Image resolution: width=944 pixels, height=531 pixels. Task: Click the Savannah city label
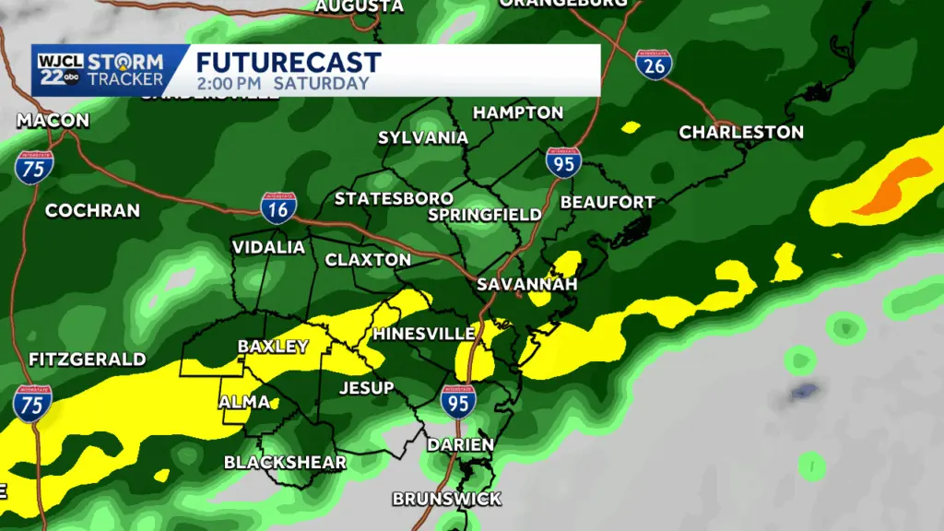[x=526, y=284]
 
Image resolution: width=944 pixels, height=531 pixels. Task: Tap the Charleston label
[x=741, y=132]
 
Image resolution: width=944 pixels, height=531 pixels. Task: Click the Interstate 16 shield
[x=280, y=210]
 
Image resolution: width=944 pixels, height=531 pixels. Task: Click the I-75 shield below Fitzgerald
[x=32, y=404]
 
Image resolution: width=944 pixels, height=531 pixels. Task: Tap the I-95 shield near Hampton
[x=563, y=163]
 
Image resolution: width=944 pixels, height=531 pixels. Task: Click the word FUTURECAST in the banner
[x=289, y=63]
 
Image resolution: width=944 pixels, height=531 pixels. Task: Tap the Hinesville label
[x=423, y=333]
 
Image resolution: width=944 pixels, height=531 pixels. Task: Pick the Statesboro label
[x=394, y=198]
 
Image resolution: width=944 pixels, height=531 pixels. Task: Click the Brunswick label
[x=447, y=499]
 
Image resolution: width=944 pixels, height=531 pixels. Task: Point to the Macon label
[x=53, y=121]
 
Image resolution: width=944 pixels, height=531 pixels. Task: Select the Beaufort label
[x=608, y=202]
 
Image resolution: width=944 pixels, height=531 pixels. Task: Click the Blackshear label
[x=286, y=462]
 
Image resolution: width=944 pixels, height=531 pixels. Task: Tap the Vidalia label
[x=268, y=247]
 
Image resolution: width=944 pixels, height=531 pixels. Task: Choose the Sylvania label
[x=423, y=137]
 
